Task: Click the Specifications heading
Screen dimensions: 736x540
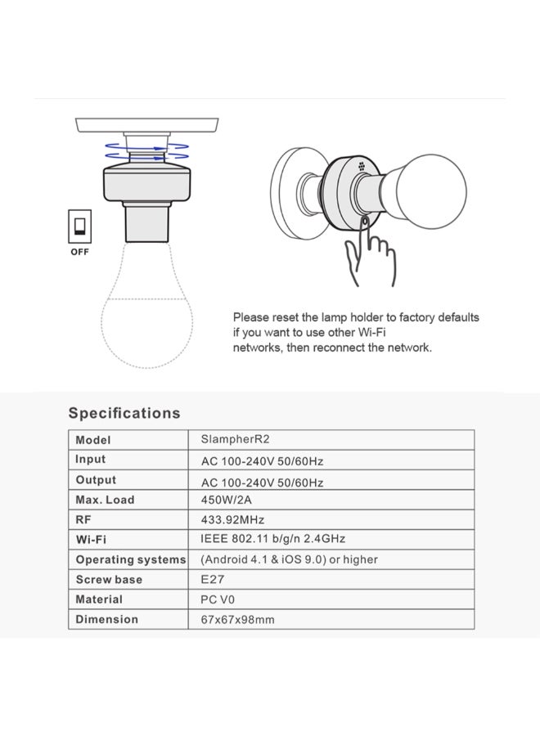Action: click(x=124, y=413)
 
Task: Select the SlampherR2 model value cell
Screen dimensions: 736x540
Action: click(x=235, y=439)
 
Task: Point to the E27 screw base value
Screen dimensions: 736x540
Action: click(x=212, y=579)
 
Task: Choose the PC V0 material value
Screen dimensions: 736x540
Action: click(x=218, y=599)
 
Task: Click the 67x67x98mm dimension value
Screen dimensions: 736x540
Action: click(x=237, y=619)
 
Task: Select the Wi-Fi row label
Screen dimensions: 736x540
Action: click(x=91, y=540)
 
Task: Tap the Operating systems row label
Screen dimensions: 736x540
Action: click(x=130, y=559)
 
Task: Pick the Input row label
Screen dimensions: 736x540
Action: click(x=91, y=460)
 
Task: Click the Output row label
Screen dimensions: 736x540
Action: click(x=96, y=480)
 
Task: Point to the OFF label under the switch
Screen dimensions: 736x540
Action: click(x=79, y=252)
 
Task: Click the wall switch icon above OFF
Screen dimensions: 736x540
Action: click(x=80, y=225)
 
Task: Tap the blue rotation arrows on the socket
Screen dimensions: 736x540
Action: click(x=147, y=150)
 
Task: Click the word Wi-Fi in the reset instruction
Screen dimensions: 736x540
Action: click(x=372, y=332)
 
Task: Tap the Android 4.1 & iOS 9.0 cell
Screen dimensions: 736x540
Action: click(x=289, y=559)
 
